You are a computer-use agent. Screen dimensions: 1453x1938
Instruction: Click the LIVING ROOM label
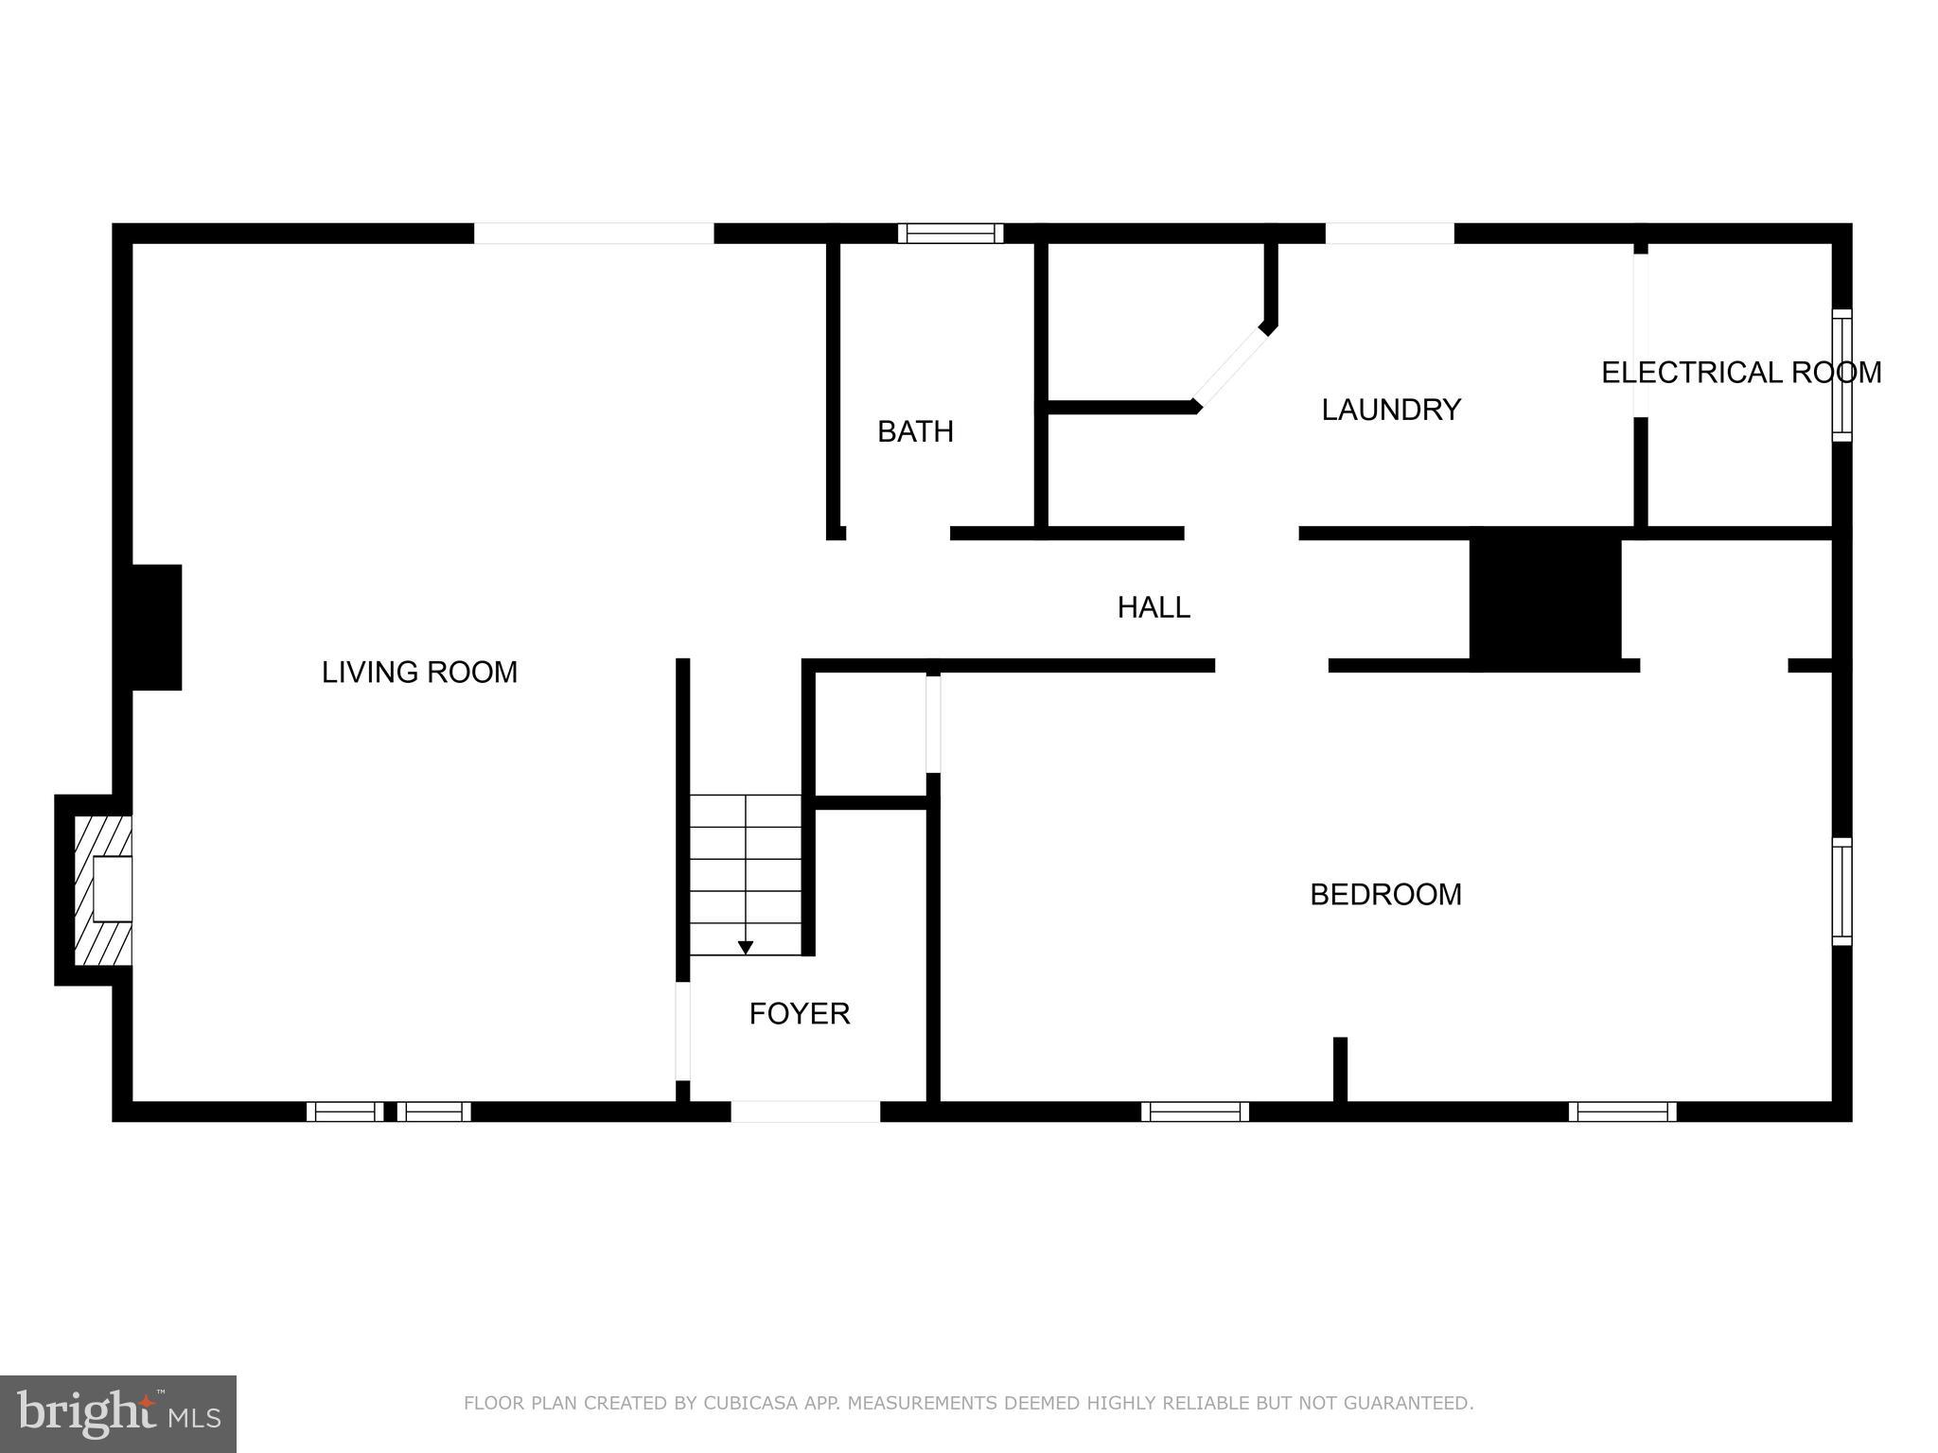(x=419, y=673)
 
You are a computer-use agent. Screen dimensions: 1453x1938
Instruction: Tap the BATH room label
(x=915, y=431)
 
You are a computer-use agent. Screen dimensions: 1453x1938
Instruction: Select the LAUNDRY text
(x=1391, y=410)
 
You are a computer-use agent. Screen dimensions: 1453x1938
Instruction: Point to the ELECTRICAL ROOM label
(x=1740, y=373)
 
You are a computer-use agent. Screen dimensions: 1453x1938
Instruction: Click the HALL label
(x=1154, y=607)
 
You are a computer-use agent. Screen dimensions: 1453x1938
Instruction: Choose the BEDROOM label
(x=1385, y=894)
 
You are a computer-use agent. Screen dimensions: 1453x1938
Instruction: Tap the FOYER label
(x=800, y=1014)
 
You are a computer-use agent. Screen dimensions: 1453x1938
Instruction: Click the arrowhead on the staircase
(x=746, y=947)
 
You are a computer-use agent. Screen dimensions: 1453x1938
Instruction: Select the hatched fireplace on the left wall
(x=102, y=890)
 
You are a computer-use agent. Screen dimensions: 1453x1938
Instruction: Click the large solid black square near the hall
(x=1545, y=599)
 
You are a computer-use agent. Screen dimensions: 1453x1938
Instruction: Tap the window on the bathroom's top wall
(x=950, y=234)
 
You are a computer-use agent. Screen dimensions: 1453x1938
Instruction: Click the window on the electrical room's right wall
(x=1841, y=375)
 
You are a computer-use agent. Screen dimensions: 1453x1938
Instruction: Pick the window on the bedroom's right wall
(x=1841, y=891)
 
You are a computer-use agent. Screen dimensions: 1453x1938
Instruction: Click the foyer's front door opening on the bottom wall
(x=805, y=1112)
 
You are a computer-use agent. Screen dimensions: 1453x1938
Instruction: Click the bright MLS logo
(x=118, y=1413)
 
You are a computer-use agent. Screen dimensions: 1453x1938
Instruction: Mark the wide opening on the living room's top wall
(x=593, y=234)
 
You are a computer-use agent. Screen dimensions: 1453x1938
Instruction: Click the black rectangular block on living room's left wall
(x=151, y=627)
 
